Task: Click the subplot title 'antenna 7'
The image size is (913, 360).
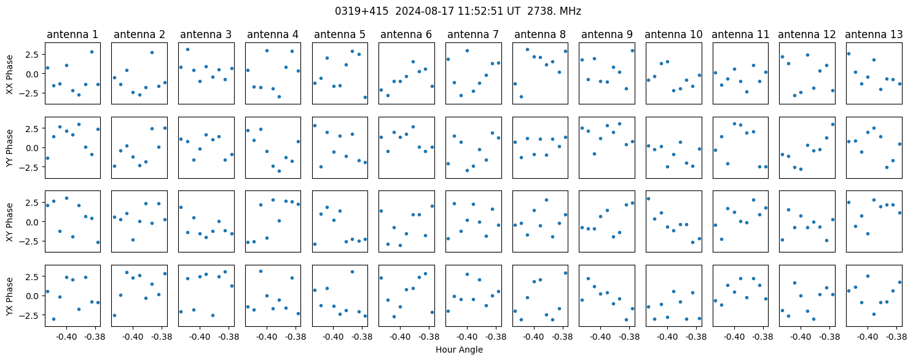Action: pyautogui.click(x=473, y=35)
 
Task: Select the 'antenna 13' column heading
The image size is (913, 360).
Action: pyautogui.click(x=874, y=35)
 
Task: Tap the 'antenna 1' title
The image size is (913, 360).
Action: pyautogui.click(x=72, y=35)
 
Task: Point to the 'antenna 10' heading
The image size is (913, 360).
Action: pyautogui.click(x=674, y=35)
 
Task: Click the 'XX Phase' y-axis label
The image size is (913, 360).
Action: pyautogui.click(x=10, y=74)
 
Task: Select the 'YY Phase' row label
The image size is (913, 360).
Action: pyautogui.click(x=10, y=149)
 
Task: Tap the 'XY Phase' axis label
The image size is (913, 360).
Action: pyautogui.click(x=10, y=222)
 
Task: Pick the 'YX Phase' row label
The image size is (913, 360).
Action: pyautogui.click(x=10, y=296)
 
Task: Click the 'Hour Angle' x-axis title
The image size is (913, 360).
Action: pyautogui.click(x=459, y=350)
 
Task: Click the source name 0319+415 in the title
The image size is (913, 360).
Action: pyautogui.click(x=361, y=12)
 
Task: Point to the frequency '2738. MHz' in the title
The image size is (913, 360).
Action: pyautogui.click(x=554, y=12)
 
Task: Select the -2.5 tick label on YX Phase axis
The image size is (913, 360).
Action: pyautogui.click(x=31, y=316)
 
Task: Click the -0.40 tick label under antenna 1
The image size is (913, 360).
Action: pyautogui.click(x=66, y=337)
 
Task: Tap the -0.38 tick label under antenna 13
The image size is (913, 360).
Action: pyautogui.click(x=896, y=337)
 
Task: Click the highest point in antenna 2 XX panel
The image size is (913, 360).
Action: pyautogui.click(x=152, y=53)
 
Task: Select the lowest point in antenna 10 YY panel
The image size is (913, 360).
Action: pyautogui.click(x=668, y=166)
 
